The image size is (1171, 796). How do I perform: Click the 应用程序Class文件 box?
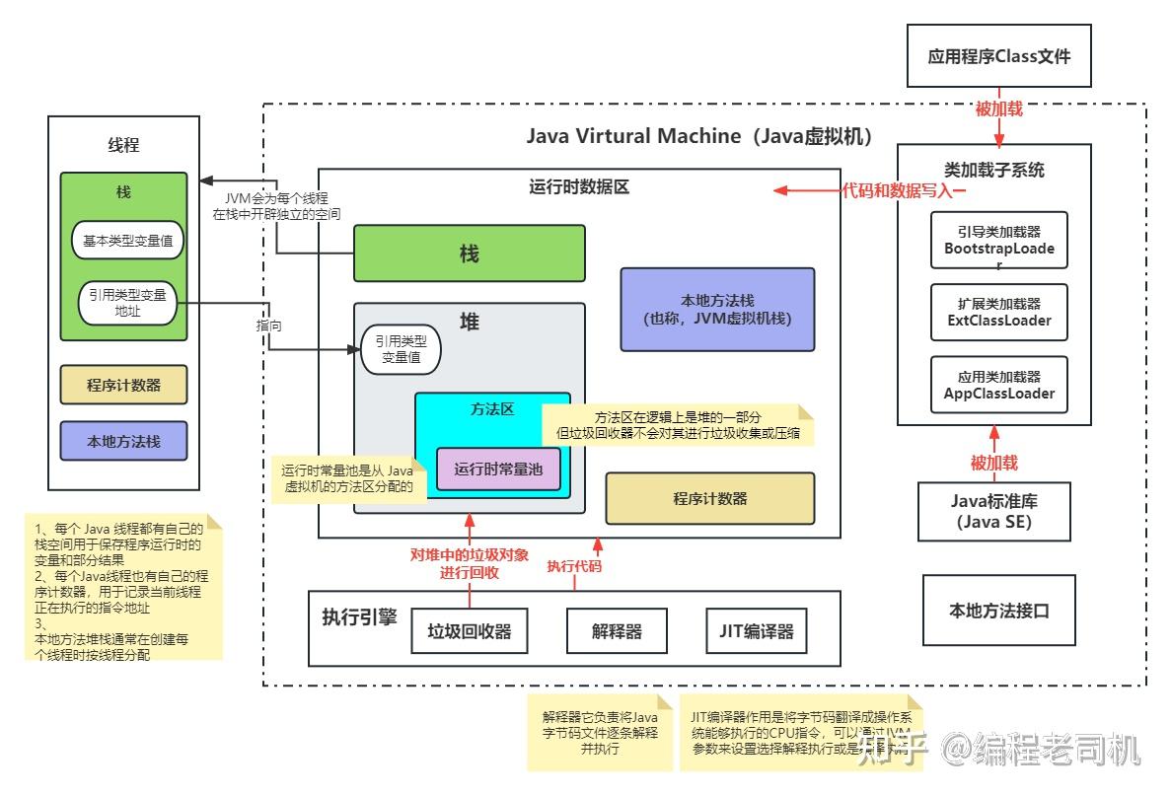[x=999, y=56]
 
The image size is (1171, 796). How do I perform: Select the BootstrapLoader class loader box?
[x=999, y=241]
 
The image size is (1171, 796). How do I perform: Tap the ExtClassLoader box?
[x=999, y=313]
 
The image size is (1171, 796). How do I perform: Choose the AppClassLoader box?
[x=999, y=385]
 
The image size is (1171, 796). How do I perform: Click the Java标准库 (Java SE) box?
[x=993, y=511]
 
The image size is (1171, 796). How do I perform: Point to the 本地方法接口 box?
[x=999, y=611]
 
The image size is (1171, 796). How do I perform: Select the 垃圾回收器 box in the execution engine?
[x=470, y=631]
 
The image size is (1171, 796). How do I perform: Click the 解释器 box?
[x=618, y=631]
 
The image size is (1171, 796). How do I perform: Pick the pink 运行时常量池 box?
[x=498, y=470]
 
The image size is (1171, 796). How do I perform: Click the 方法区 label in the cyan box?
[x=492, y=408]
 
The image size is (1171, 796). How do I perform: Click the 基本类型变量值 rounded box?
[x=127, y=240]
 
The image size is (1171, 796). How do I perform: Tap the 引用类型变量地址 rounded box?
[x=127, y=303]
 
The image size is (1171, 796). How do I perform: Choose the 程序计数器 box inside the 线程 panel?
[x=123, y=386]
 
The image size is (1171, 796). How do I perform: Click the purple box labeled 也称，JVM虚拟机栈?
[x=717, y=310]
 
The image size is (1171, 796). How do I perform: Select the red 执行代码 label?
[x=574, y=566]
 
